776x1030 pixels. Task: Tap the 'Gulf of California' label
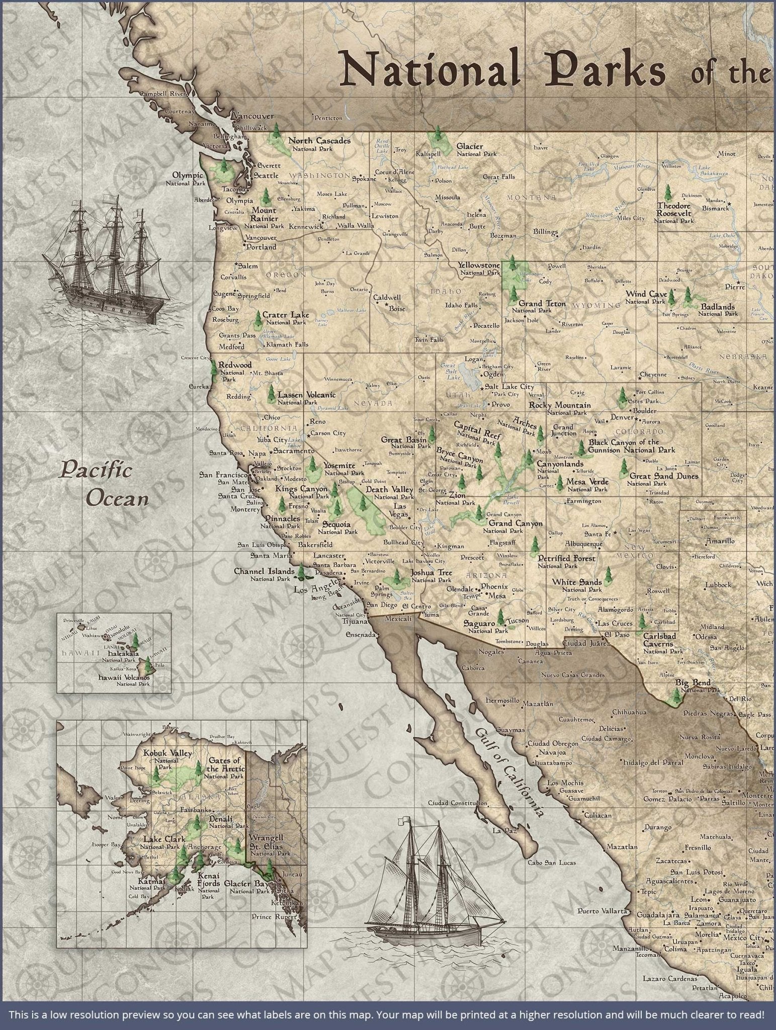tap(509, 772)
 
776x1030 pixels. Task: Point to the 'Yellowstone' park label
tap(479, 265)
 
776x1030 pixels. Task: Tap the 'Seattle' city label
tap(266, 176)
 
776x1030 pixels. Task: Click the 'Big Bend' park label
tap(693, 682)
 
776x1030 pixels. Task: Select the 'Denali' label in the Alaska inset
tap(221, 819)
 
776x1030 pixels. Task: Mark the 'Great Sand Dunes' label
tap(663, 476)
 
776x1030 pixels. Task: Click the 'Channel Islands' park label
tap(264, 572)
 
